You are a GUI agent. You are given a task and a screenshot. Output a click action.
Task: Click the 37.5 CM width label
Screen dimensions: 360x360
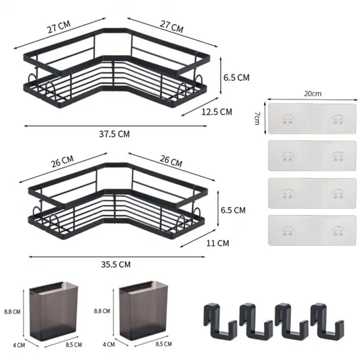click(114, 134)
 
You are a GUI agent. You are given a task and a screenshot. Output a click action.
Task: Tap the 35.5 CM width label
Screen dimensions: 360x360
click(116, 265)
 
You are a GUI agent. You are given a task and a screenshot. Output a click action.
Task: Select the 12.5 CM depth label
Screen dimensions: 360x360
click(217, 111)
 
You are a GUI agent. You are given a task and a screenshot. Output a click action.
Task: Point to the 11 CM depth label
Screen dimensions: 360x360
click(218, 243)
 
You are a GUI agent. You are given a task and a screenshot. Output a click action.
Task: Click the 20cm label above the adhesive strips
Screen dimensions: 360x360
click(313, 93)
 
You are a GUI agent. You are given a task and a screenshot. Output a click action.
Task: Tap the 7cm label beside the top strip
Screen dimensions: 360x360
click(257, 118)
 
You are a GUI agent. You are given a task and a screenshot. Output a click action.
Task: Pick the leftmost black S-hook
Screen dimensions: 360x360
click(220, 321)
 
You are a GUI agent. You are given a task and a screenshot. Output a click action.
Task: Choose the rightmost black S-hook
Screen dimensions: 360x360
click(326, 321)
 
